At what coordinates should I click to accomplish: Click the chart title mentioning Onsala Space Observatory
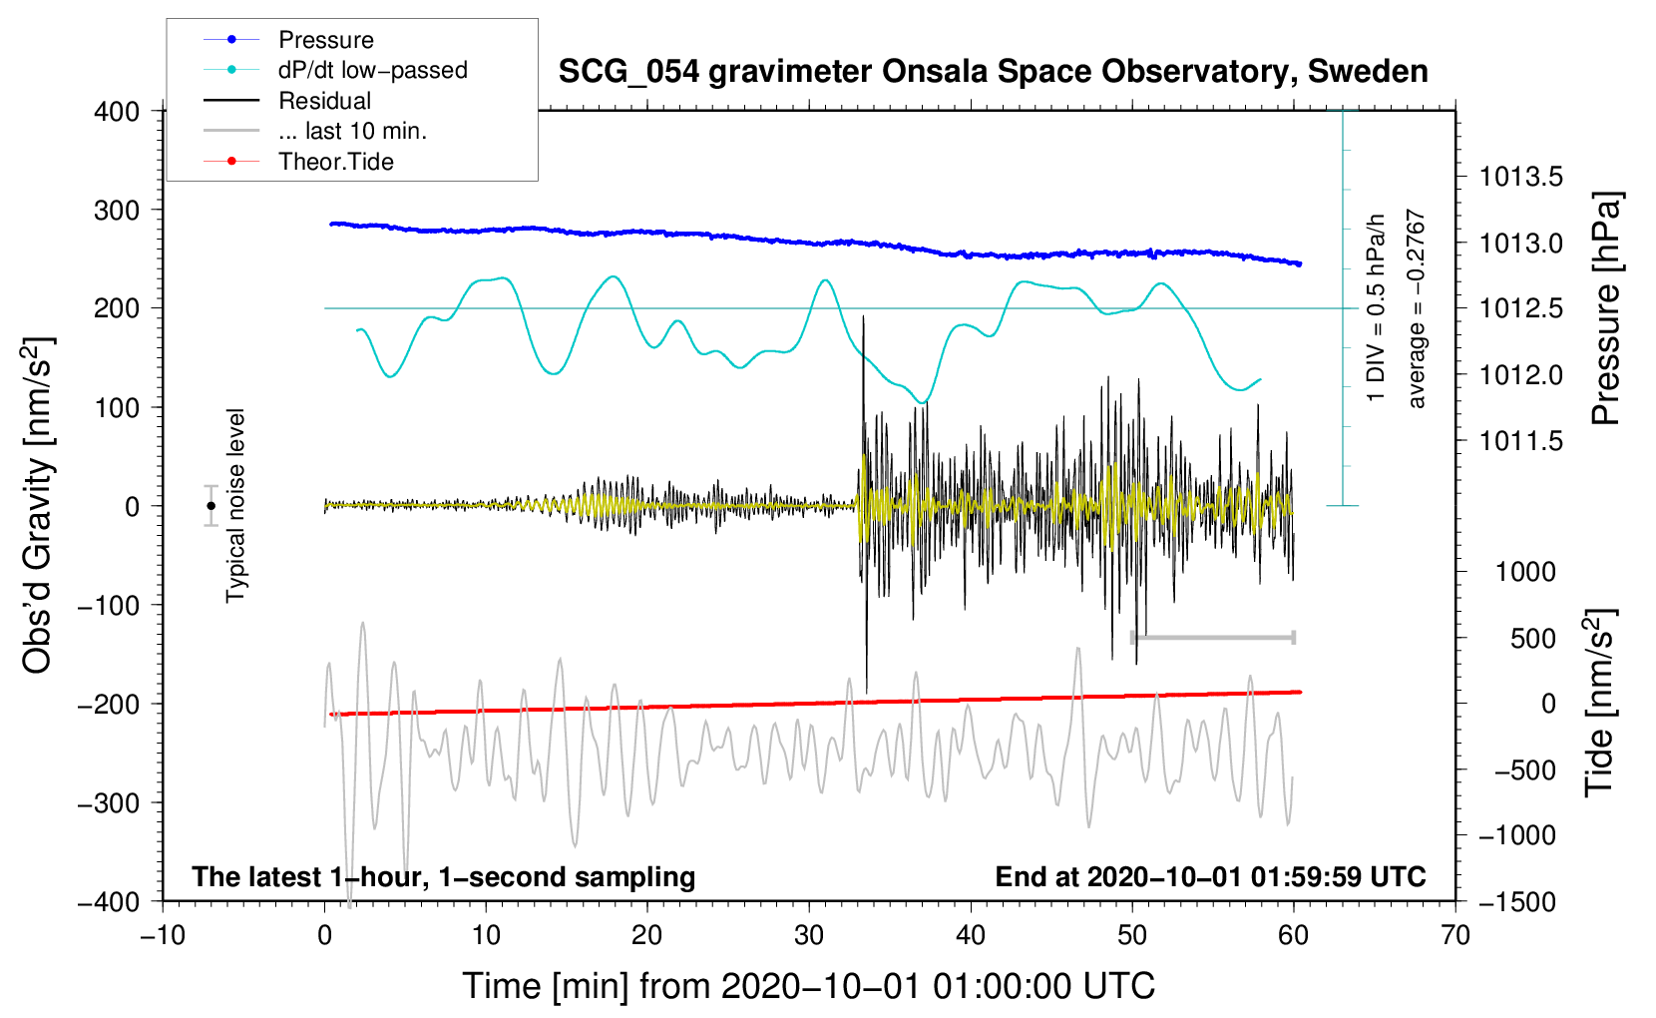[993, 72]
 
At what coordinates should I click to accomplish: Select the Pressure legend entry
[325, 40]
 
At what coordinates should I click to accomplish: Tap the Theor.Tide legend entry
[335, 162]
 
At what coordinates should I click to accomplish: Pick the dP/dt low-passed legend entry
[372, 70]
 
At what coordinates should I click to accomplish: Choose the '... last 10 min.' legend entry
[352, 131]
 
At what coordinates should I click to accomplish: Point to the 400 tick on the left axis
[117, 111]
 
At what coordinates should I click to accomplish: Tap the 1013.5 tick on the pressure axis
[1520, 177]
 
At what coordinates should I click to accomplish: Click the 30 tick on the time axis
[809, 935]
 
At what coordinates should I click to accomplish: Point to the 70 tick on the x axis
[1455, 935]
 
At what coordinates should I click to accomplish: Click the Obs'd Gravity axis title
[37, 505]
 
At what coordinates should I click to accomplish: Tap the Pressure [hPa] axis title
[1605, 308]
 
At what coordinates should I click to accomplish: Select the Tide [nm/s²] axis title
[1599, 703]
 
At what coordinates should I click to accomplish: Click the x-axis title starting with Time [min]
[809, 986]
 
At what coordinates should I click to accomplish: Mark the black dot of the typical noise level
[210, 506]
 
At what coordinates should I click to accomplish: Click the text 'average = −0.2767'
[1417, 308]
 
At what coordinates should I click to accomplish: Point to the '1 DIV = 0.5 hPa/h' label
[1377, 307]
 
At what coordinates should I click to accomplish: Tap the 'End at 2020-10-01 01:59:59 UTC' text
[1210, 876]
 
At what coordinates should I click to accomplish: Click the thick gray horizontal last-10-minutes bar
[1212, 637]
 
